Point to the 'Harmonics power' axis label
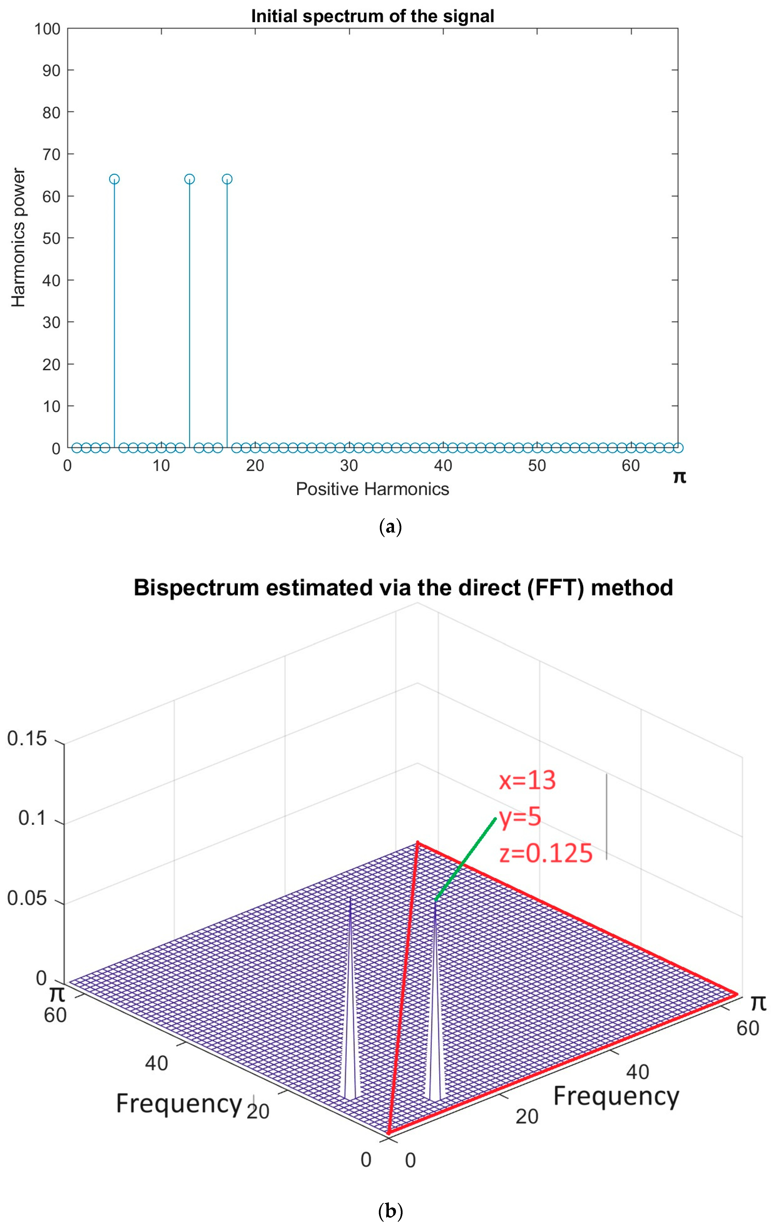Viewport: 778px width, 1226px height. click(18, 238)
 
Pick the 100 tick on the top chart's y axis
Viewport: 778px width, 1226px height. click(47, 29)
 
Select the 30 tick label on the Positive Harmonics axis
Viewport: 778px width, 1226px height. click(349, 465)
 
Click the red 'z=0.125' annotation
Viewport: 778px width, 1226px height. click(546, 854)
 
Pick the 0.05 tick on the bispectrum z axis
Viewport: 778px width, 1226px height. click(27, 898)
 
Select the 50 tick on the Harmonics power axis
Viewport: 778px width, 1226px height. click(51, 238)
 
